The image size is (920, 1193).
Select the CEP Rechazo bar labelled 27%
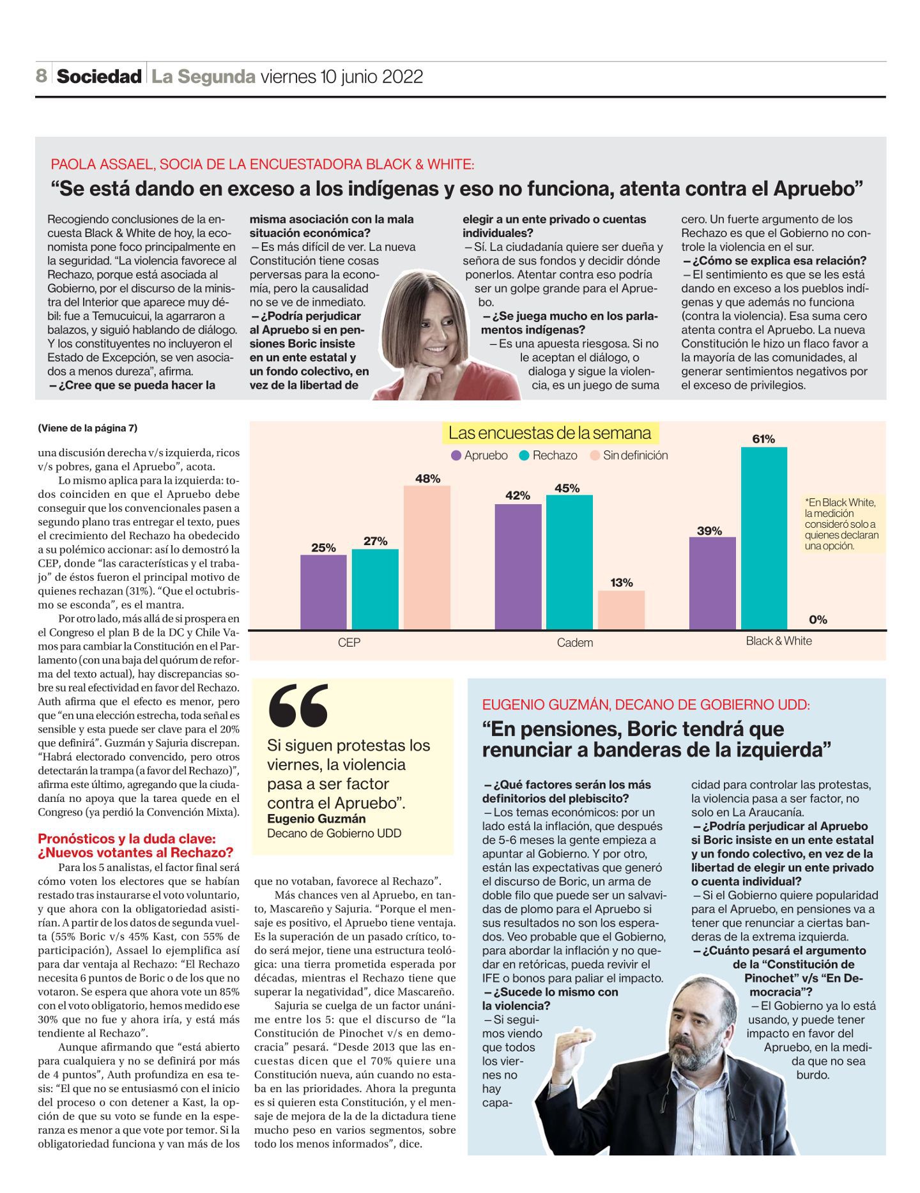click(375, 589)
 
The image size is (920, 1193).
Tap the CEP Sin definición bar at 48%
click(427, 557)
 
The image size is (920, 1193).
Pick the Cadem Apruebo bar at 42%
click(518, 566)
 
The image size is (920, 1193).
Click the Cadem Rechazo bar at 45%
click(569, 562)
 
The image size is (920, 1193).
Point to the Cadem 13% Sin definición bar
click(621, 610)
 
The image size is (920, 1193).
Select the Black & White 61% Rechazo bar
click(764, 538)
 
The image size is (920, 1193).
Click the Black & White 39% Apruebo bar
click(712, 583)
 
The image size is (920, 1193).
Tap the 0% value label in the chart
click(818, 619)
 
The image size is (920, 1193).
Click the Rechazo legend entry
click(548, 455)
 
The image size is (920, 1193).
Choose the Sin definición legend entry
click(629, 455)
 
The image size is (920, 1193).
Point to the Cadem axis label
click(575, 642)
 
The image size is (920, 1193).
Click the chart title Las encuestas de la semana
click(549, 433)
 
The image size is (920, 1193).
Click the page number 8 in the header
click(42, 76)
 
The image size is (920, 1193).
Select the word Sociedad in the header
click(99, 77)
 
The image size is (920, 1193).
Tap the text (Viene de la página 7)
click(88, 427)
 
